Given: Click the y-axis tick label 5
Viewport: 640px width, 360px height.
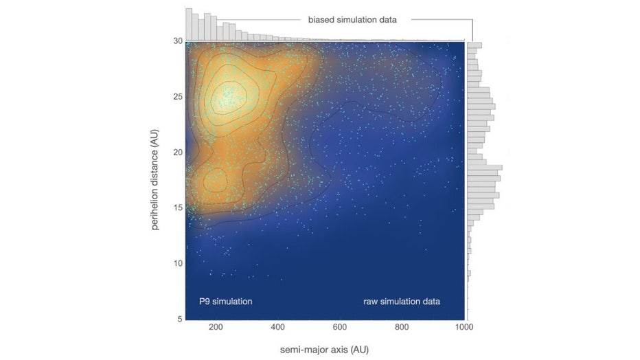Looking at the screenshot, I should pyautogui.click(x=179, y=319).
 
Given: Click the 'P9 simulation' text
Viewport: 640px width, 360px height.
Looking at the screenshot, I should pyautogui.click(x=226, y=301).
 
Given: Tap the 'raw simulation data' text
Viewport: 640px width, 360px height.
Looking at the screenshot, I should pyautogui.click(x=401, y=301).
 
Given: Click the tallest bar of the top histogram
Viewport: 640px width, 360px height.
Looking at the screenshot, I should pyautogui.click(x=189, y=25).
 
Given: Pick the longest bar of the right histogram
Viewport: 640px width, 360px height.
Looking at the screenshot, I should pyautogui.click(x=485, y=167).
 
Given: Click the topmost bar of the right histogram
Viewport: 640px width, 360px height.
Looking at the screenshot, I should pyautogui.click(x=475, y=45).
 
